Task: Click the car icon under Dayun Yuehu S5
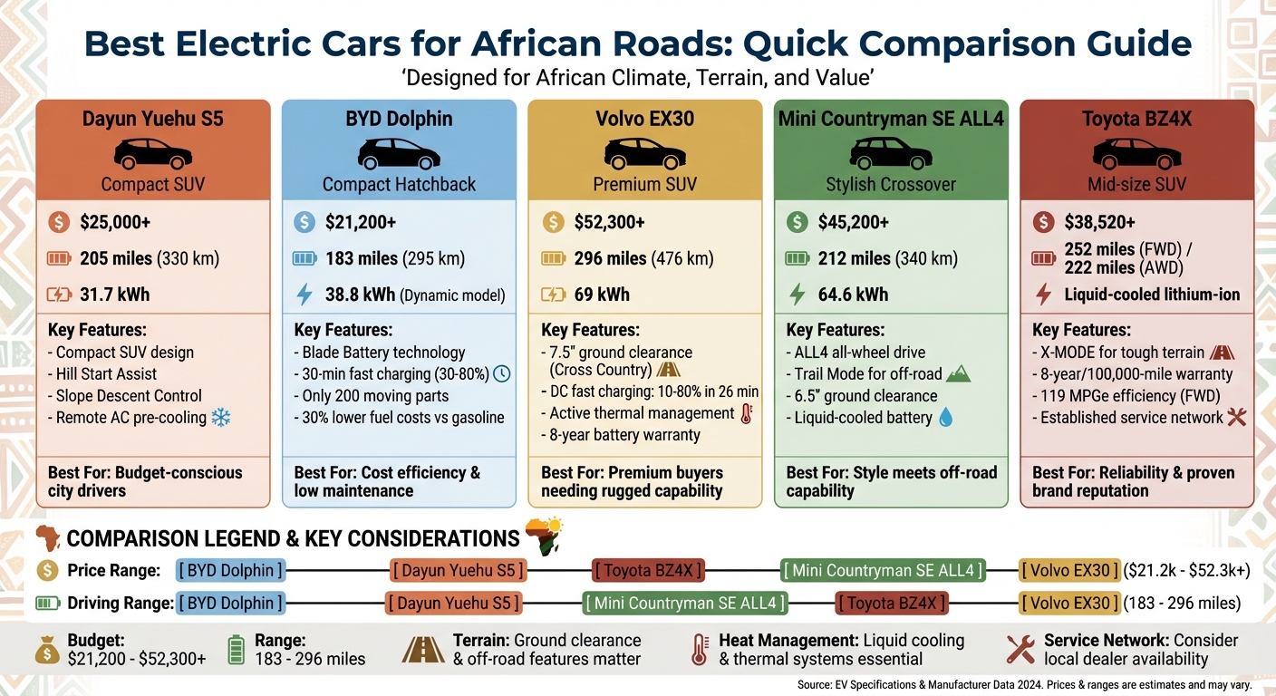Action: click(x=152, y=153)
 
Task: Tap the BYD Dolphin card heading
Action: click(x=399, y=119)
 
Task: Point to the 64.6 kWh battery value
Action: click(x=853, y=295)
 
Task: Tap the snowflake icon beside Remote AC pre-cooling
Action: click(x=220, y=418)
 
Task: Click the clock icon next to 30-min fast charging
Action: click(x=501, y=373)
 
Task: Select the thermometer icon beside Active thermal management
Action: click(x=746, y=414)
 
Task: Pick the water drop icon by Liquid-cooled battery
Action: click(x=946, y=418)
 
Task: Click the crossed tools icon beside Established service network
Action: click(x=1236, y=418)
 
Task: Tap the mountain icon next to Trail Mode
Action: click(x=957, y=373)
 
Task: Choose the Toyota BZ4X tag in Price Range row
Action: click(x=649, y=571)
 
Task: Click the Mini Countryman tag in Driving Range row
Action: click(x=684, y=604)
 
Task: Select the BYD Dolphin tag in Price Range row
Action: click(x=230, y=571)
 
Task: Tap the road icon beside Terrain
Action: click(x=423, y=650)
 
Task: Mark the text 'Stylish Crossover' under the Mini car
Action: click(x=891, y=185)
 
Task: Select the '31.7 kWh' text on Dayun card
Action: click(x=115, y=295)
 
